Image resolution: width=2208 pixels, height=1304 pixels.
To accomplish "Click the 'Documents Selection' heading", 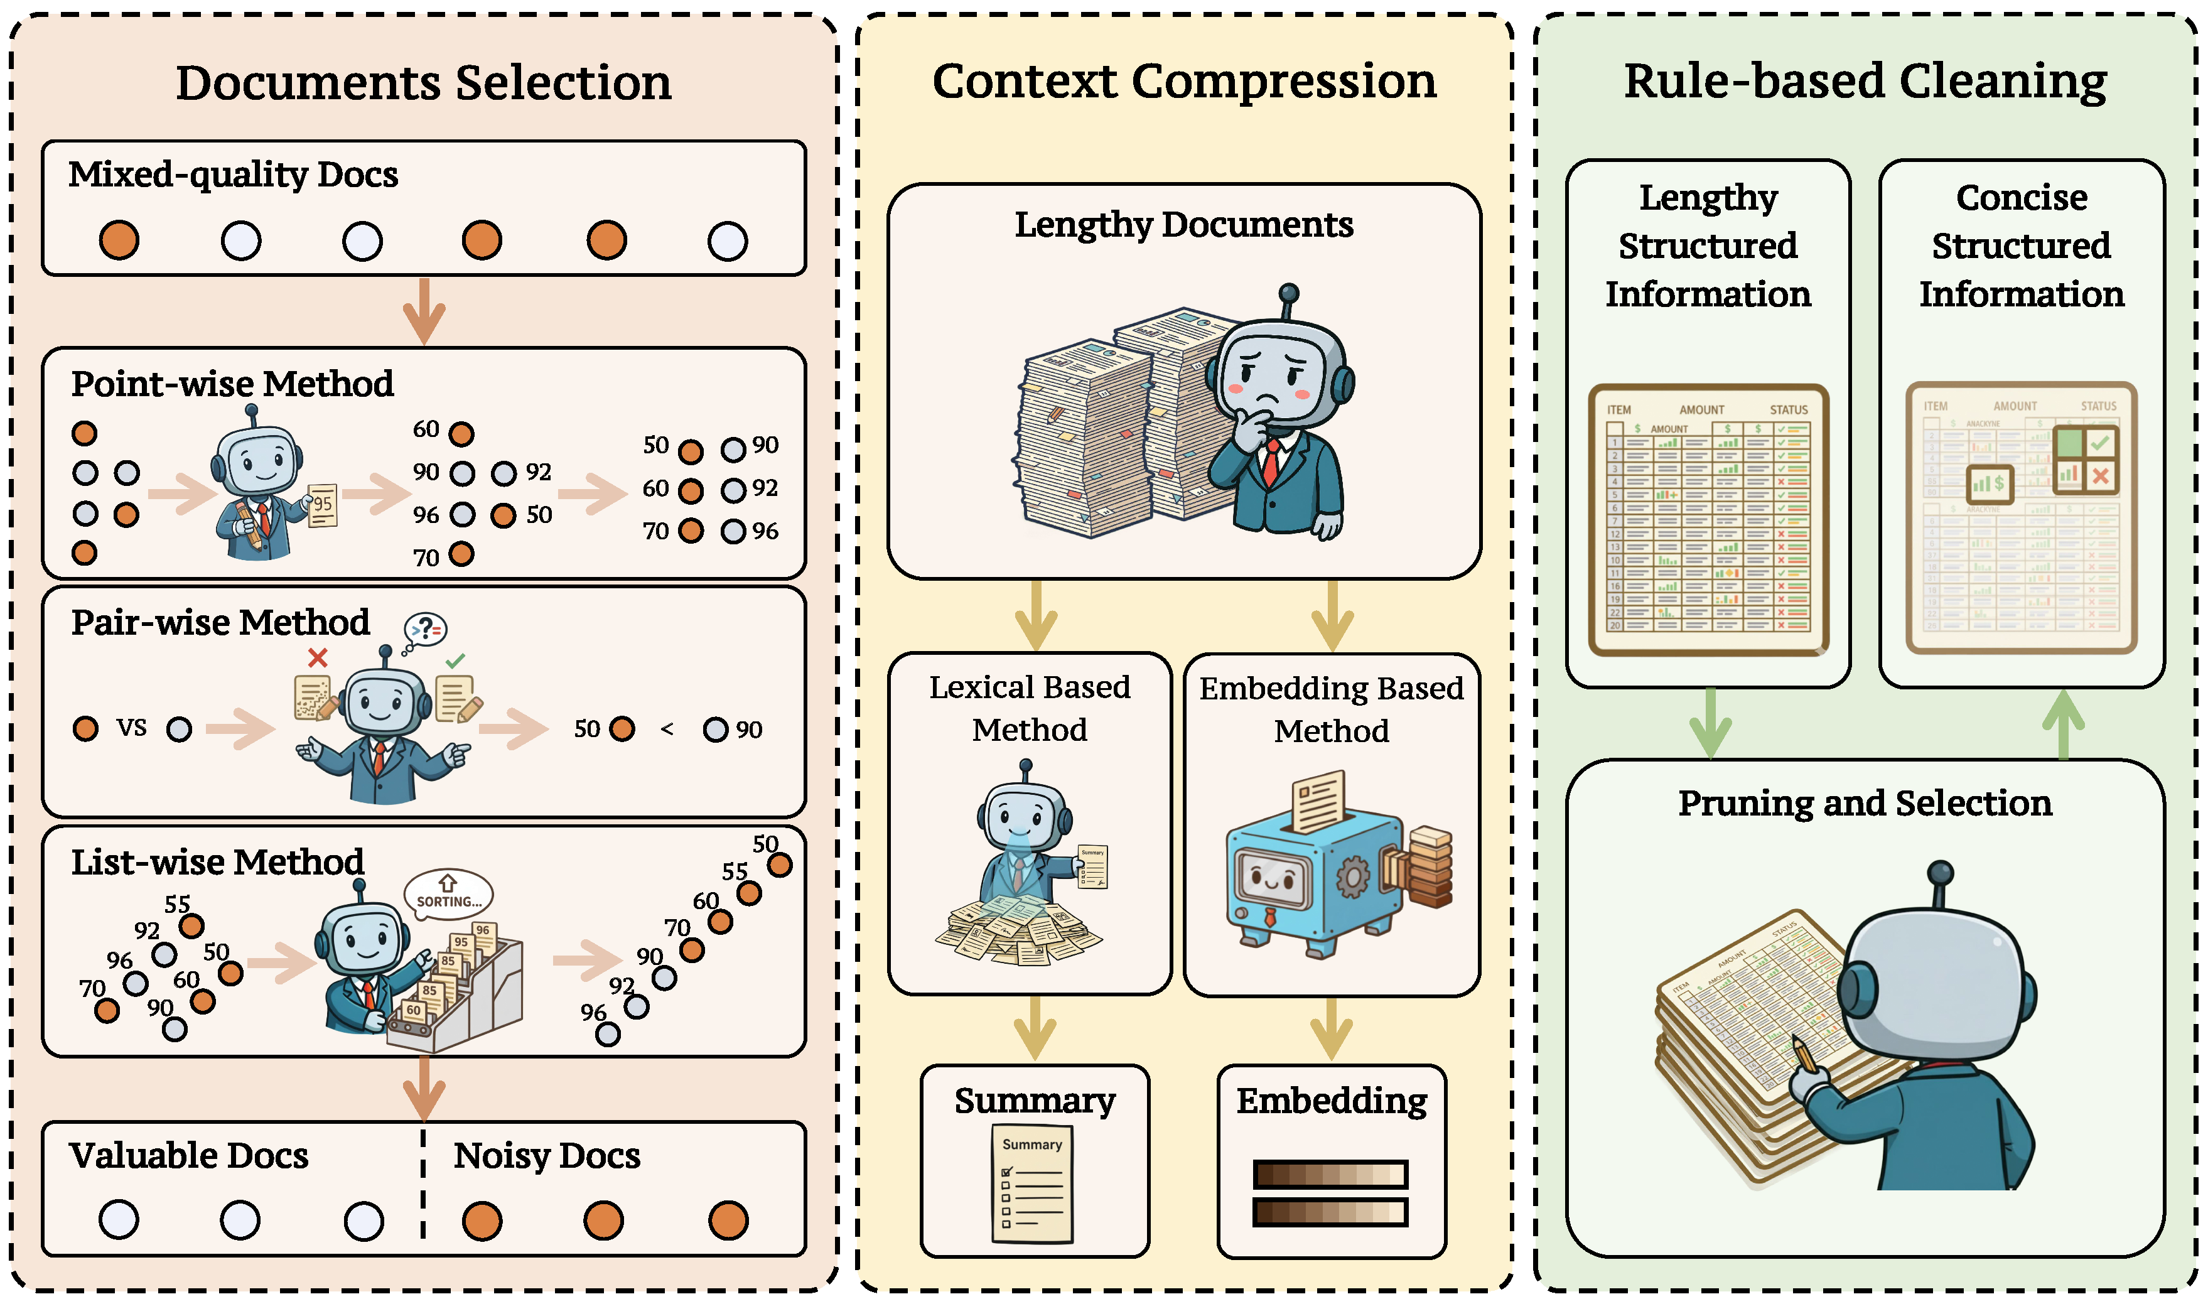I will [x=424, y=83].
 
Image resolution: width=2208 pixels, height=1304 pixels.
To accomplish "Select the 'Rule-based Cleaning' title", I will [x=1865, y=81].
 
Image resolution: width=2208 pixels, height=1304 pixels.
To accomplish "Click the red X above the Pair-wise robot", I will [x=318, y=657].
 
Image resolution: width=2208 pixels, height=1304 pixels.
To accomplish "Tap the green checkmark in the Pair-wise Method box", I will [x=455, y=660].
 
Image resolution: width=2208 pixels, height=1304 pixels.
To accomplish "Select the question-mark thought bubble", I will [x=426, y=628].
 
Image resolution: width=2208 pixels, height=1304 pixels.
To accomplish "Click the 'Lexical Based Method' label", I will [x=1029, y=708].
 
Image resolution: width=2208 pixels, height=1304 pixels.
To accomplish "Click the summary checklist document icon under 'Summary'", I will [x=1032, y=1186].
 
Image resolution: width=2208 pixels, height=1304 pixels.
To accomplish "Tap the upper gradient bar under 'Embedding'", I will [x=1330, y=1174].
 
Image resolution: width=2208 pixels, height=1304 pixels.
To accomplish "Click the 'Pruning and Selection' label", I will [x=1865, y=803].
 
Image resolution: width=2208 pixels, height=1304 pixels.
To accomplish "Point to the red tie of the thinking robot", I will [x=1271, y=463].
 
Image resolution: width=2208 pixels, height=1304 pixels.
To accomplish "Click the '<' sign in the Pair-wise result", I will [x=667, y=730].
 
